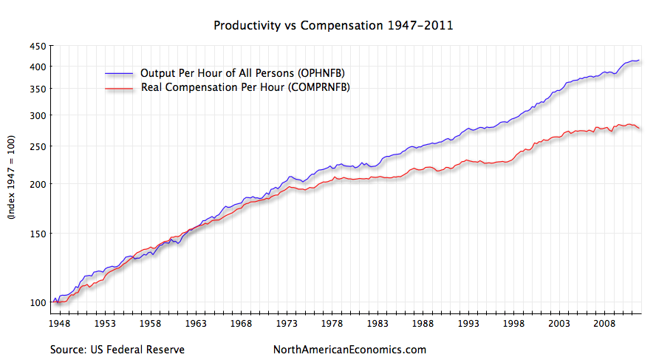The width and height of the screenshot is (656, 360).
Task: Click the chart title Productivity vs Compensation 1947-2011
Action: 333,26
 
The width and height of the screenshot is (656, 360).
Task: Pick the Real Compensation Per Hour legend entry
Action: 245,88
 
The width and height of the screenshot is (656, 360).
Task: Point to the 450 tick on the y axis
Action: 38,47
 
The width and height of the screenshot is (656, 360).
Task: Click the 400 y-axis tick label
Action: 38,67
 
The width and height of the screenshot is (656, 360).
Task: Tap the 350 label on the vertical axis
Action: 38,89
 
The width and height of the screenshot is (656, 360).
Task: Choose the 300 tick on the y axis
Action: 38,115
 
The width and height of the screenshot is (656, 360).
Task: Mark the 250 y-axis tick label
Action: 38,146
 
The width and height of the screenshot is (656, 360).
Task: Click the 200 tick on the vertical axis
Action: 38,184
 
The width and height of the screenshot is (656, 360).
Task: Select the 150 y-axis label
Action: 38,234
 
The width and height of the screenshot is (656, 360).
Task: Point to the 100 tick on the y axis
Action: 38,302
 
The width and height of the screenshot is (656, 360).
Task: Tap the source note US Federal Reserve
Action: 117,349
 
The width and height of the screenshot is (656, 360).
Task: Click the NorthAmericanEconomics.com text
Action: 349,349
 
